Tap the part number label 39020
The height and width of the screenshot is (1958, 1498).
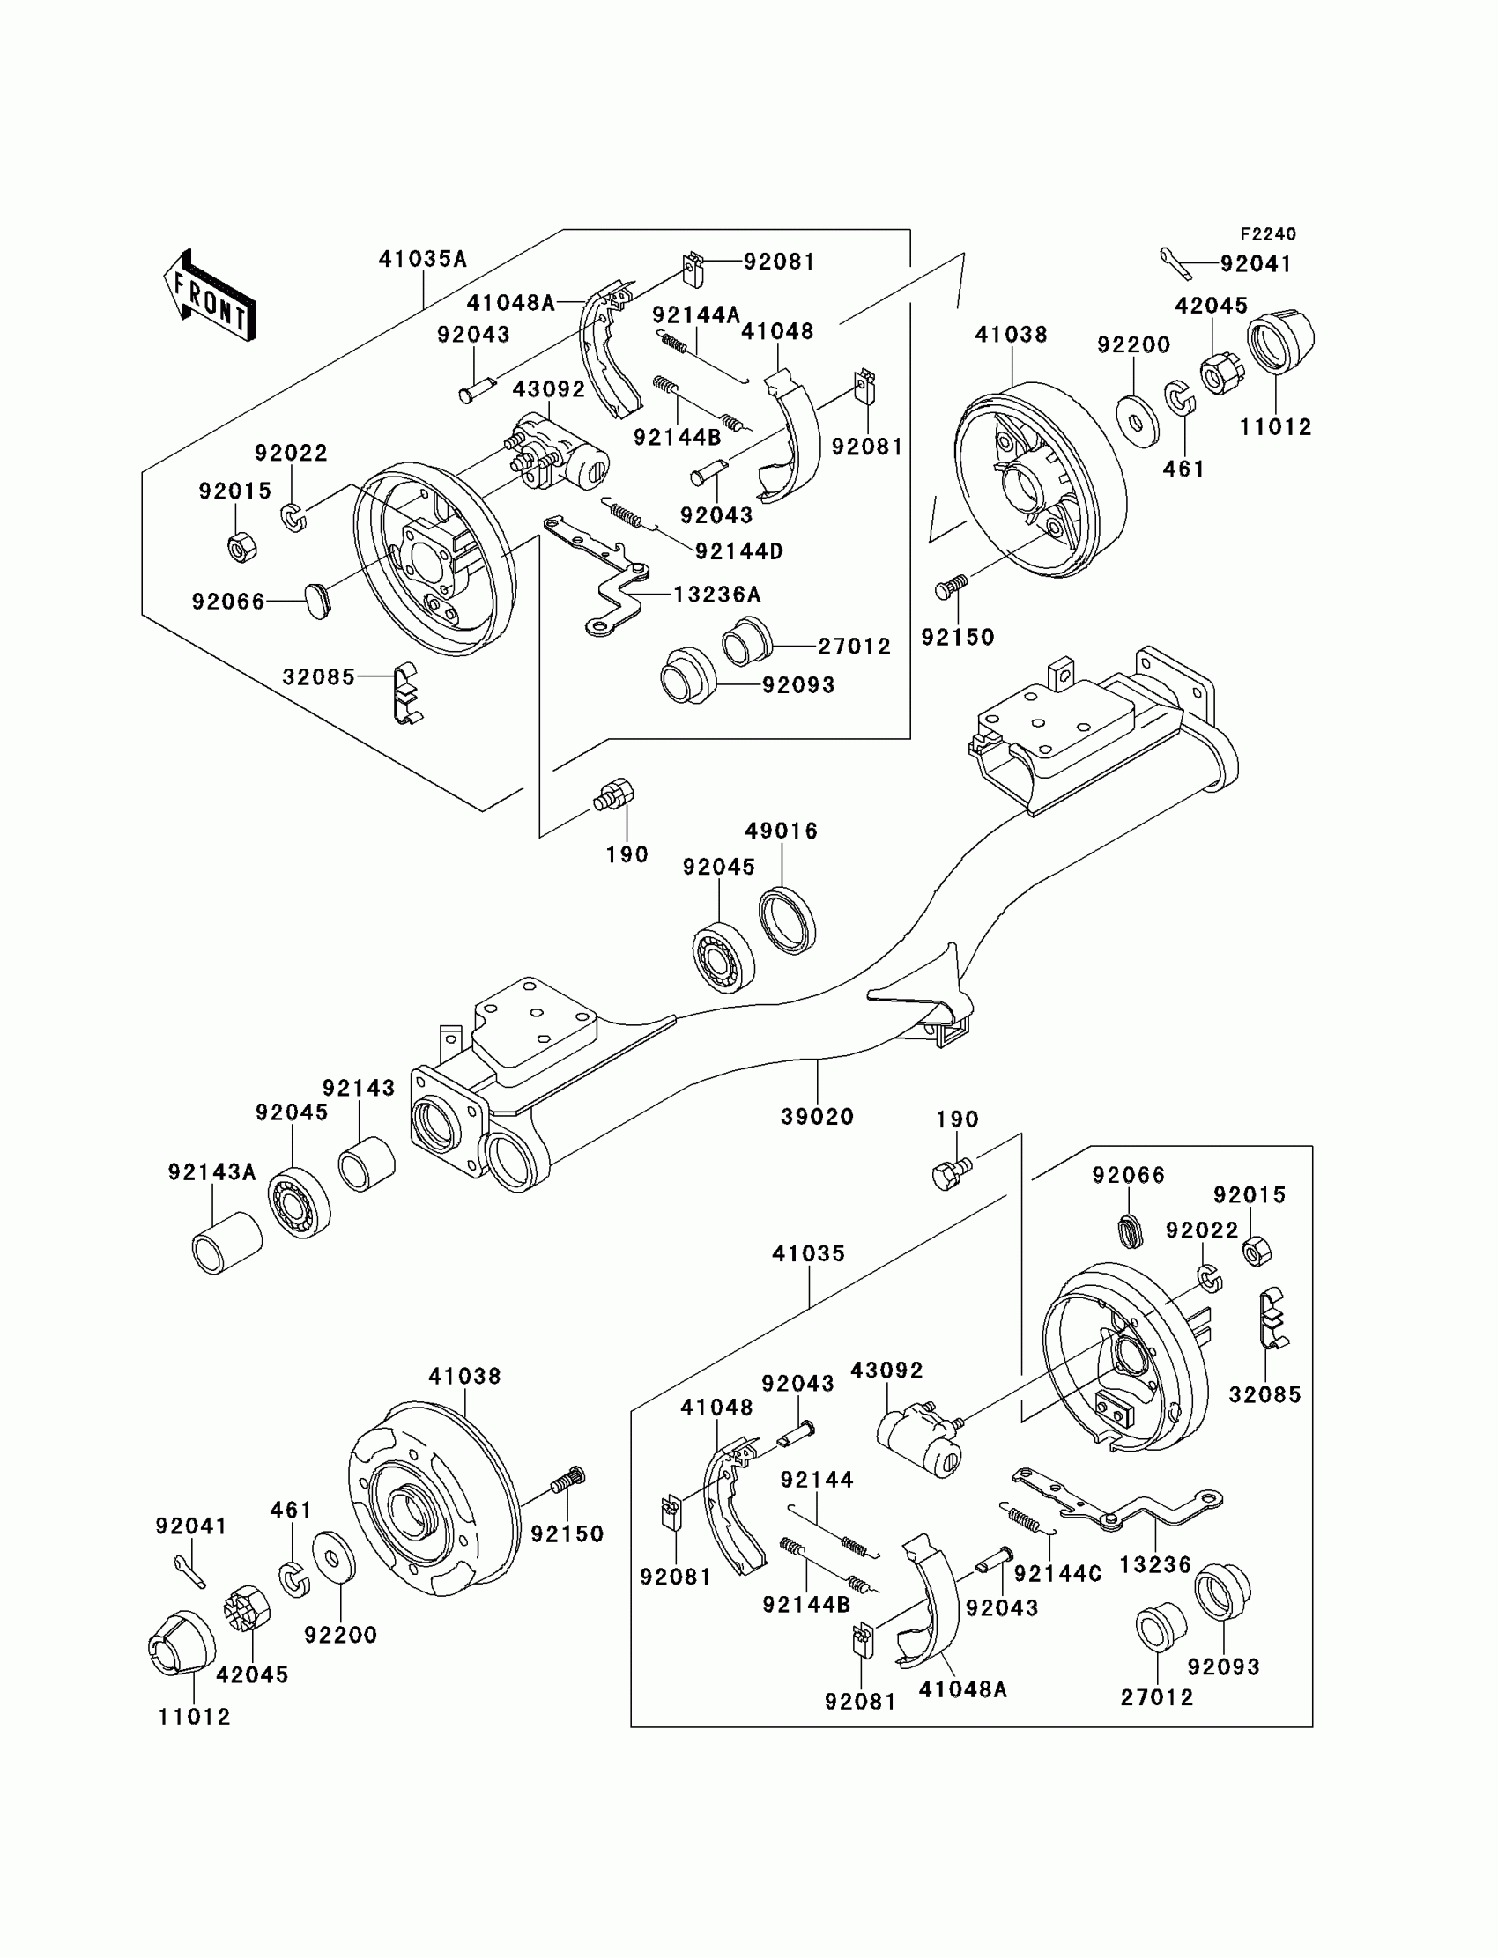pyautogui.click(x=817, y=1117)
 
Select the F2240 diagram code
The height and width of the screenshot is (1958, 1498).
pyautogui.click(x=1267, y=234)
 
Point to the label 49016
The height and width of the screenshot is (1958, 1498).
pyautogui.click(x=781, y=831)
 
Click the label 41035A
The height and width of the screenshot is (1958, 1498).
pyautogui.click(x=423, y=259)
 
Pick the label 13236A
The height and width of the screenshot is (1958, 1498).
pyautogui.click(x=717, y=595)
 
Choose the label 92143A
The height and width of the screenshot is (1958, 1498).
pyautogui.click(x=212, y=1173)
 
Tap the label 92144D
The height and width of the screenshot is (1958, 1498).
pyautogui.click(x=739, y=551)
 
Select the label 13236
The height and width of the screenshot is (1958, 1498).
pyautogui.click(x=1155, y=1565)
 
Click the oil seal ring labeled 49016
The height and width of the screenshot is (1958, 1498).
pyautogui.click(x=788, y=920)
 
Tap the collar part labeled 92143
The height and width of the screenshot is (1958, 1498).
pyautogui.click(x=367, y=1163)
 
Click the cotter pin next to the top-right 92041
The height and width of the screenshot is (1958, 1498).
pyautogui.click(x=1176, y=262)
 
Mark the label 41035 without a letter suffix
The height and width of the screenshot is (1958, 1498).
pyautogui.click(x=808, y=1254)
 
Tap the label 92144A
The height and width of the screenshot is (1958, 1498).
pyautogui.click(x=696, y=315)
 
